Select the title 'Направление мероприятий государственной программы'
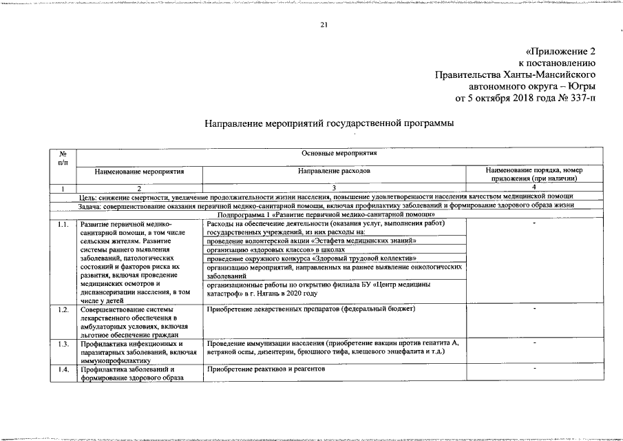click(329, 123)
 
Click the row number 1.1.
click(63, 224)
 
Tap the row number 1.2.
click(63, 309)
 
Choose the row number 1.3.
click(63, 343)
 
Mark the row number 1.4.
click(63, 369)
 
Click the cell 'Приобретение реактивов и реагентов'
click(265, 369)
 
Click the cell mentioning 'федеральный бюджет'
click(311, 309)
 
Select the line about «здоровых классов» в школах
click(275, 249)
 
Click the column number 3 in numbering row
click(334, 187)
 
